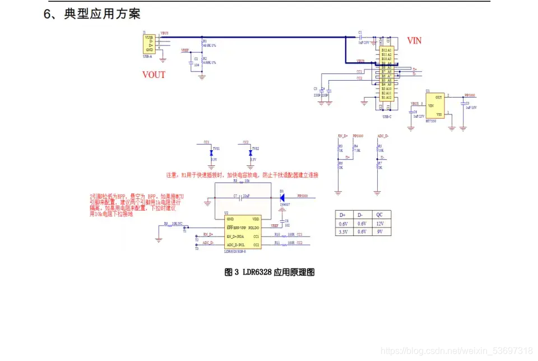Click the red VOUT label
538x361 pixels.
click(154, 75)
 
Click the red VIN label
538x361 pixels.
click(414, 41)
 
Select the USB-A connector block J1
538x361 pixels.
click(150, 43)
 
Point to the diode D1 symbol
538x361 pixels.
click(281, 197)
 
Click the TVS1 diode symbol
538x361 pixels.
click(211, 152)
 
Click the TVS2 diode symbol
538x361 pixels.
click(251, 152)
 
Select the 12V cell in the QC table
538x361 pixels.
click(379, 223)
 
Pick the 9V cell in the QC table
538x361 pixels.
click(379, 231)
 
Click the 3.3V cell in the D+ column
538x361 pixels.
click(343, 231)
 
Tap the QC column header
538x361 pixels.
click(379, 215)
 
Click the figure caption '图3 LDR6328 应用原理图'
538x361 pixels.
click(269, 272)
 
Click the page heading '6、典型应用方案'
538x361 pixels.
click(92, 13)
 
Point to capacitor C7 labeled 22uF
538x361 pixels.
click(240, 197)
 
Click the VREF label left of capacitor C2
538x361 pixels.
click(185, 50)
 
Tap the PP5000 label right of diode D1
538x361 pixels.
click(303, 196)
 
